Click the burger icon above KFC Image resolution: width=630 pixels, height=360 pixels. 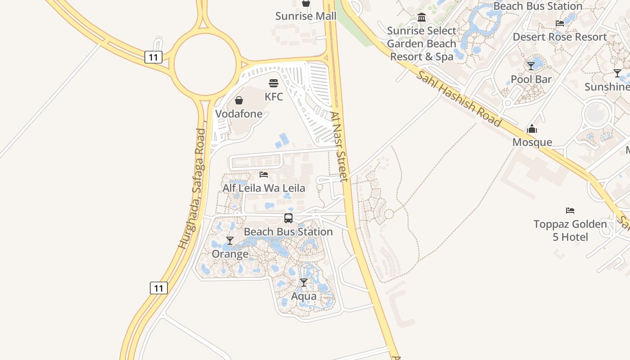tap(274, 83)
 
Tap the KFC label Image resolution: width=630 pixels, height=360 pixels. tap(274, 97)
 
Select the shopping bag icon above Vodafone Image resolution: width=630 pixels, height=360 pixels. tap(239, 100)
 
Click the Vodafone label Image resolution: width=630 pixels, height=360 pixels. tap(239, 114)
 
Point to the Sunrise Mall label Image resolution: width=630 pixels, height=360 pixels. tap(306, 16)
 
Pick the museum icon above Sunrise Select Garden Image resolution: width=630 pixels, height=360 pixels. tap(422, 18)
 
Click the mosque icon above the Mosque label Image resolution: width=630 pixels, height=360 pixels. tap(532, 129)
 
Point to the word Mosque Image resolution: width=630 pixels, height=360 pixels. tap(532, 142)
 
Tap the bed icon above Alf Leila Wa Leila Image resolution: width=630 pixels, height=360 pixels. tap(264, 174)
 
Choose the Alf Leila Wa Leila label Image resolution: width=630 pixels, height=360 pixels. tap(264, 188)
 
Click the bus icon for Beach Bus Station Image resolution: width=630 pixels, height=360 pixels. tap(288, 218)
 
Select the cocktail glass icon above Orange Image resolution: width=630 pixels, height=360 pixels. tap(230, 241)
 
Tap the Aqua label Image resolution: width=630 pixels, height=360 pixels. tap(304, 297)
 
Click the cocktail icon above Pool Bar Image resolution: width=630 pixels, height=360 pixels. tap(531, 66)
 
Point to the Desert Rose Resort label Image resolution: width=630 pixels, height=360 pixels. tap(560, 37)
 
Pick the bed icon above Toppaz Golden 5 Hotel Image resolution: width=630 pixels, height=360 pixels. tap(570, 210)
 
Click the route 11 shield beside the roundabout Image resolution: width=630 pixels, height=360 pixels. tap(153, 57)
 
